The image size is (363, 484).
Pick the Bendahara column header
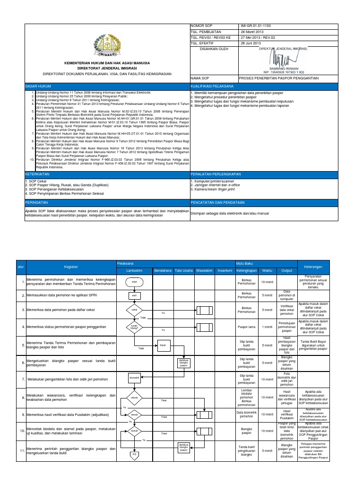(x=163, y=270)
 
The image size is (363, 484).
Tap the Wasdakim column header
(x=204, y=270)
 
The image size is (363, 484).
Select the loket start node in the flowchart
(x=134, y=282)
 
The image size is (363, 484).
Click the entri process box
(x=134, y=295)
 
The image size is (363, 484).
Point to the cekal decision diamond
(x=134, y=310)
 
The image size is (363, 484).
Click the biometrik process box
(x=134, y=379)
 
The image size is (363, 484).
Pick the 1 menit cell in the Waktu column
(x=267, y=327)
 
